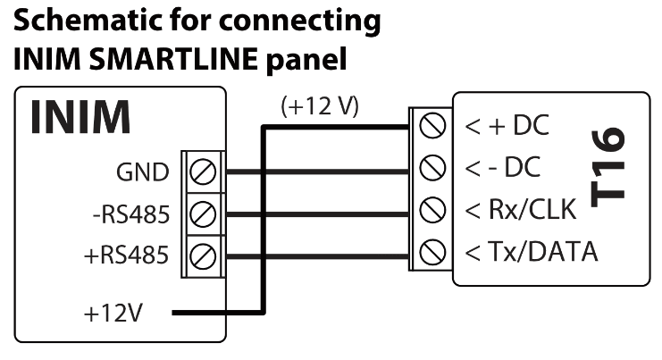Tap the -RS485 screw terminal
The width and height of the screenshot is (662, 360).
[204, 213]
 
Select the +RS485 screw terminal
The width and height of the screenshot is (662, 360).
[204, 255]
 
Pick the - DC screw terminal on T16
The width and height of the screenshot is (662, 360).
[433, 167]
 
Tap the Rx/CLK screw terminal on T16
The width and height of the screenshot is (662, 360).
[433, 209]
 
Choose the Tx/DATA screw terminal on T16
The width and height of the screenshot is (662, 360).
[433, 251]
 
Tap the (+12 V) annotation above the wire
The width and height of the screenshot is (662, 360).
[319, 106]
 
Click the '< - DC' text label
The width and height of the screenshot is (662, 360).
[502, 167]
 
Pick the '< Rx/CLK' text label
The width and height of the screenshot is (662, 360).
[522, 209]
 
